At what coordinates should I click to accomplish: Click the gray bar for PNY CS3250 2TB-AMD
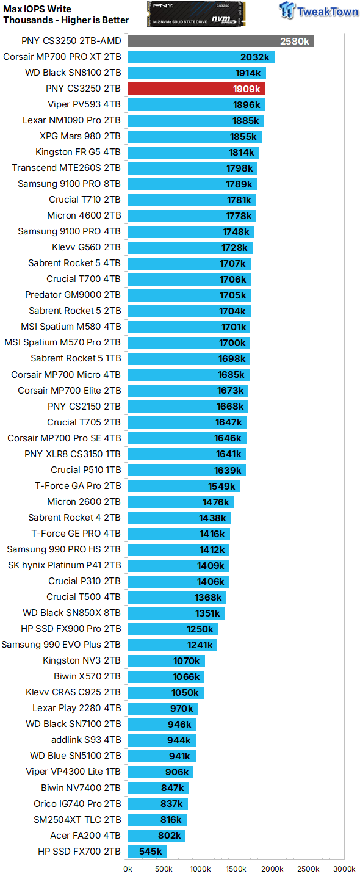point(220,41)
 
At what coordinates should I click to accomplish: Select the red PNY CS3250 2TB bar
point(196,89)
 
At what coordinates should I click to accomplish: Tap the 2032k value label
point(254,57)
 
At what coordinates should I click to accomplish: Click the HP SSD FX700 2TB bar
point(147,852)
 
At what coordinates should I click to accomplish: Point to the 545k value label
point(150,852)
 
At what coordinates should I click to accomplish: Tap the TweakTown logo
point(319,11)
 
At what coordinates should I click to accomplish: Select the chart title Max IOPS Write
point(37,9)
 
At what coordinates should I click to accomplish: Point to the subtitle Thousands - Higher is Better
point(66,20)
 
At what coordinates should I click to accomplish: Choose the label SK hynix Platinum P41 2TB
point(64,565)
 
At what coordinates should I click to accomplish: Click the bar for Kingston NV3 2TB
point(166,660)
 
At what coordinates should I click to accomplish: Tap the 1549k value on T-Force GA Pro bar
point(221,486)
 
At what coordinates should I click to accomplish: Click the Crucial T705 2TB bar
point(187,422)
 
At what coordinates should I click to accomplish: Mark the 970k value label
point(181,708)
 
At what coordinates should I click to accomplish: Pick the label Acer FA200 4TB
point(85,836)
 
